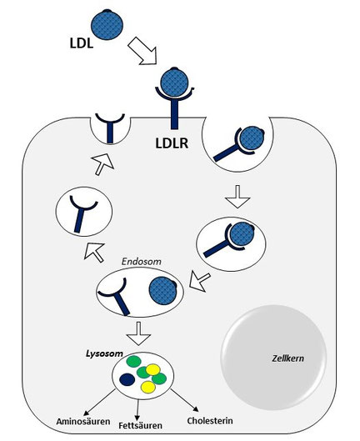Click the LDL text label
click(x=82, y=43)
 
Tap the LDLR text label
click(x=172, y=143)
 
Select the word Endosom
click(x=142, y=262)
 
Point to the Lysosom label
click(x=104, y=353)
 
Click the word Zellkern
click(x=287, y=358)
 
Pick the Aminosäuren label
click(x=83, y=422)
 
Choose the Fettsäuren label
click(x=140, y=425)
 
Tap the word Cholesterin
click(x=210, y=421)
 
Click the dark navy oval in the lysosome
click(x=127, y=379)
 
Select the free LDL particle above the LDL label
click(x=107, y=24)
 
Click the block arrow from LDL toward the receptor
click(x=142, y=51)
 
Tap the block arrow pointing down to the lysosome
click(x=138, y=333)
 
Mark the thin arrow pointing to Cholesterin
click(x=184, y=400)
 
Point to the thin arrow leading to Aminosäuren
click(x=99, y=402)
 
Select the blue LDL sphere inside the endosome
click(x=162, y=291)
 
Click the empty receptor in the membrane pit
click(x=110, y=128)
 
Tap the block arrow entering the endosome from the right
click(x=200, y=282)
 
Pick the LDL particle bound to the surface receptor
click(x=175, y=83)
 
